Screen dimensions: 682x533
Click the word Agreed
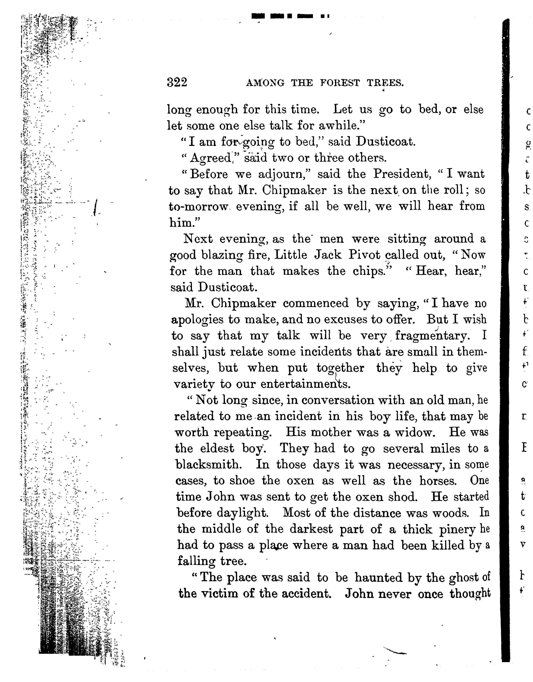tap(210, 158)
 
